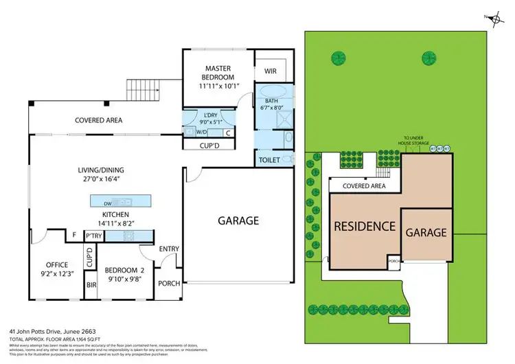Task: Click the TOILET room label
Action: coord(268,160)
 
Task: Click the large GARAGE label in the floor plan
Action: coord(238,220)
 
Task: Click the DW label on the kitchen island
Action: coord(108,203)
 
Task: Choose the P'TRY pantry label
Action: coord(93,236)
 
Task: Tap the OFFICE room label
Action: coord(56,265)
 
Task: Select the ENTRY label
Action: coord(168,249)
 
